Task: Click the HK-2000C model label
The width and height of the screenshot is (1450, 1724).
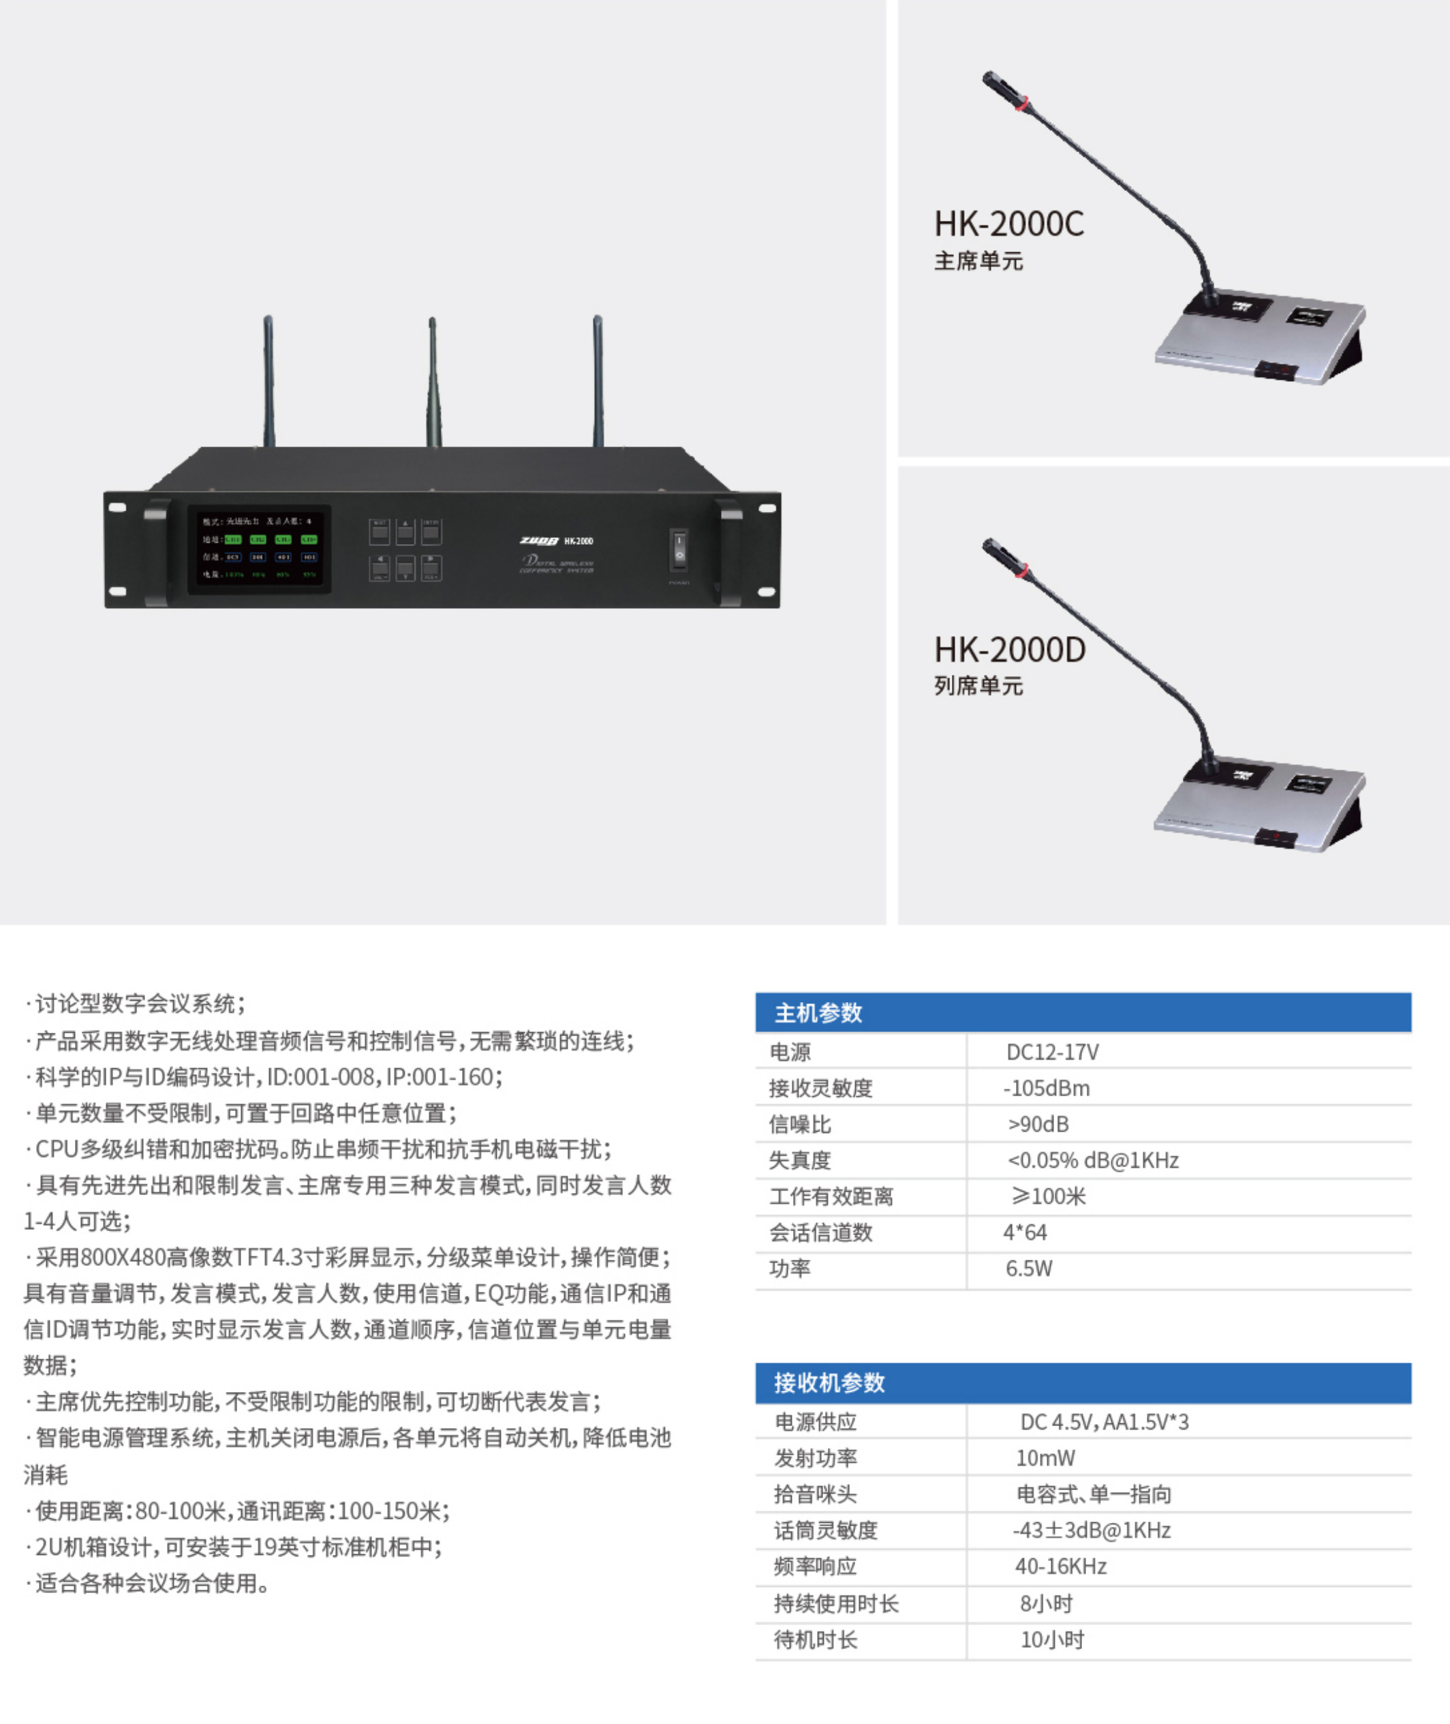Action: coord(1008,224)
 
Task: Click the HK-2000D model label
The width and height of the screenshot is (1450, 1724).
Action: coord(1009,650)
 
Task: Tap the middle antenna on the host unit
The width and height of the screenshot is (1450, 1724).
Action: coord(433,382)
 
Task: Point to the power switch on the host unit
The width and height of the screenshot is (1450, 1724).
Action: coord(679,548)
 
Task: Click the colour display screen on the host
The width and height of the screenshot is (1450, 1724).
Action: coord(259,548)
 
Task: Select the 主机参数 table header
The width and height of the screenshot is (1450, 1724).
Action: coord(819,1013)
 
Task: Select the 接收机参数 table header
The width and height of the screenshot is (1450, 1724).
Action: coord(829,1383)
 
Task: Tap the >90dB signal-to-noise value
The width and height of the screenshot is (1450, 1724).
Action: coord(1038,1125)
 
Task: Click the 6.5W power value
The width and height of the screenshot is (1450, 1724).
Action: coord(1028,1269)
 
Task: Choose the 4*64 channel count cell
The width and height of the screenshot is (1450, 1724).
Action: coord(1025,1232)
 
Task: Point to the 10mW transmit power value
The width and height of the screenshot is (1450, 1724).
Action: coord(1045,1458)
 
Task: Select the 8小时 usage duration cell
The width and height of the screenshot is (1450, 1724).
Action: coord(1047,1603)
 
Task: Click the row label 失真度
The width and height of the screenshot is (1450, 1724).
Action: coord(800,1161)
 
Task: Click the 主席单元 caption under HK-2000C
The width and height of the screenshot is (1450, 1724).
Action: coord(978,262)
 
